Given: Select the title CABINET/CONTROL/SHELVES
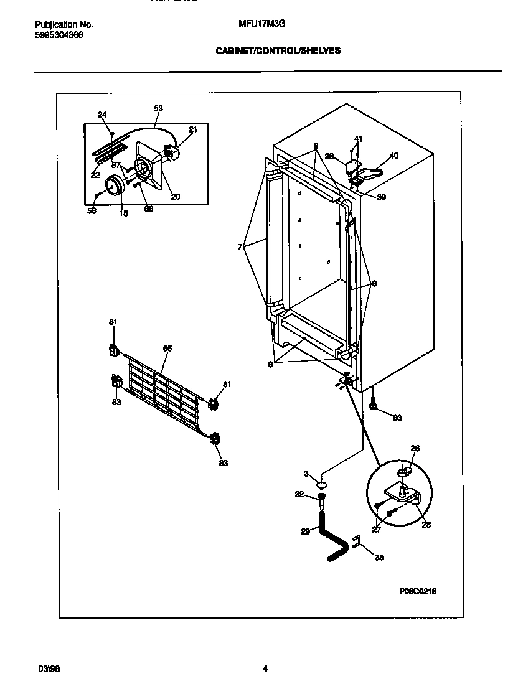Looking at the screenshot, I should click(x=278, y=51).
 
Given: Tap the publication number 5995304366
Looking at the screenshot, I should click(x=59, y=35).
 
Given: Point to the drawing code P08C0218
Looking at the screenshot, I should click(x=418, y=591).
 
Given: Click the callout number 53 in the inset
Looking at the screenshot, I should click(x=158, y=108).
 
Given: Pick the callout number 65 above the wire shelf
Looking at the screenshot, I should click(x=167, y=349).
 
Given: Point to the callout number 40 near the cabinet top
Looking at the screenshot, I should click(x=393, y=156).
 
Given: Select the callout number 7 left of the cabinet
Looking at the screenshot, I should click(x=239, y=247).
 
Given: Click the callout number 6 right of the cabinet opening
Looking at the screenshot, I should click(x=374, y=283).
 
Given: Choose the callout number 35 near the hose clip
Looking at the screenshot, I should click(x=379, y=558).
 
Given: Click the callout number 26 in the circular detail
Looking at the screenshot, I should click(x=415, y=447).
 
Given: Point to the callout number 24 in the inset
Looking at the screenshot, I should click(x=102, y=114).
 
